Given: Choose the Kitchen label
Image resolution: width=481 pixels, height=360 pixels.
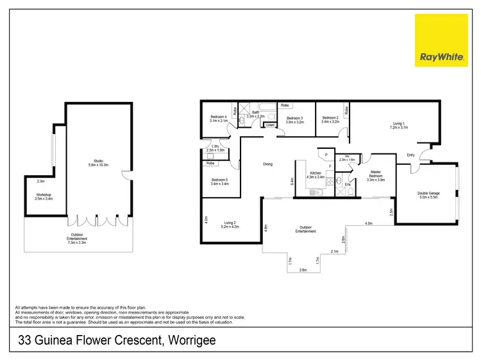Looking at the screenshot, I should coord(316,175).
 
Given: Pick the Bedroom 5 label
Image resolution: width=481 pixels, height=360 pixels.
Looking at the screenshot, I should coord(219,182).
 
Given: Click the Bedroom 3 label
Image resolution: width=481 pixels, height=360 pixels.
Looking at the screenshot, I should coord(294,119).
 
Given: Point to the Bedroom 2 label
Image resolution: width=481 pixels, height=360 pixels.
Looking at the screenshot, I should coord(330,119).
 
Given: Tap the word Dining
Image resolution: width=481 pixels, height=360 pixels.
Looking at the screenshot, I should coord(267,164).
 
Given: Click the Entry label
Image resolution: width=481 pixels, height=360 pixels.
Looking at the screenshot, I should coord(410,155).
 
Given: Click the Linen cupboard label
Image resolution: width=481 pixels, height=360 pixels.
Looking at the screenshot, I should coord(271,124).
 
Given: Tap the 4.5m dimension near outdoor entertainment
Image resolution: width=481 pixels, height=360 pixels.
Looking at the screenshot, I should coord(369,223).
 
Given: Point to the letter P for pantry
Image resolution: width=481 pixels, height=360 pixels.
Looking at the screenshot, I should coord(326,155).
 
